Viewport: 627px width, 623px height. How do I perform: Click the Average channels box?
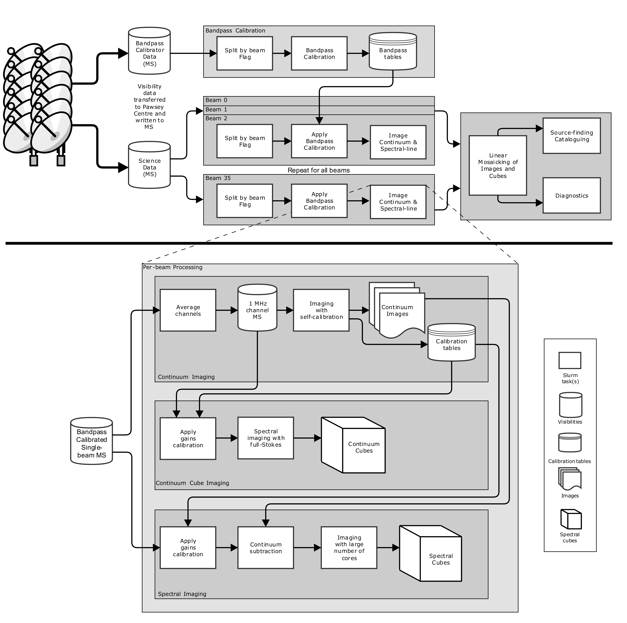click(x=188, y=310)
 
